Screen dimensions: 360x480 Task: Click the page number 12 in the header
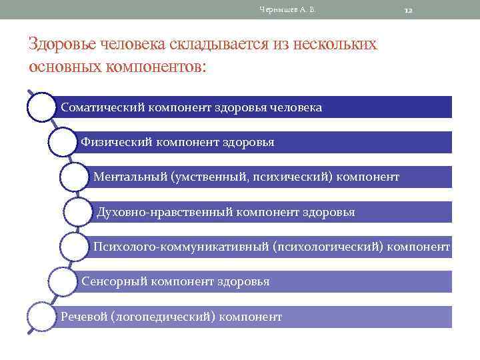pyautogui.click(x=409, y=10)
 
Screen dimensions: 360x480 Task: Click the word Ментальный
pyautogui.click(x=130, y=177)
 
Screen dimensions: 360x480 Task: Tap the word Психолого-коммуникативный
pyautogui.click(x=181, y=247)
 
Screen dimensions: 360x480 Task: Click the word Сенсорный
pyautogui.click(x=115, y=281)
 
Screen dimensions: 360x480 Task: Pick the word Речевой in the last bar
pyautogui.click(x=83, y=316)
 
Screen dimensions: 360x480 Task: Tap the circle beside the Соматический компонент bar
pyautogui.click(x=41, y=107)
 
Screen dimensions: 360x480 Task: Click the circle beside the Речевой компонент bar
pyautogui.click(x=41, y=316)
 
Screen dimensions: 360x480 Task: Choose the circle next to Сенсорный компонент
pyautogui.click(x=63, y=281)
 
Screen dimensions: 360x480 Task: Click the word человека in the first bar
pyautogui.click(x=297, y=107)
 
